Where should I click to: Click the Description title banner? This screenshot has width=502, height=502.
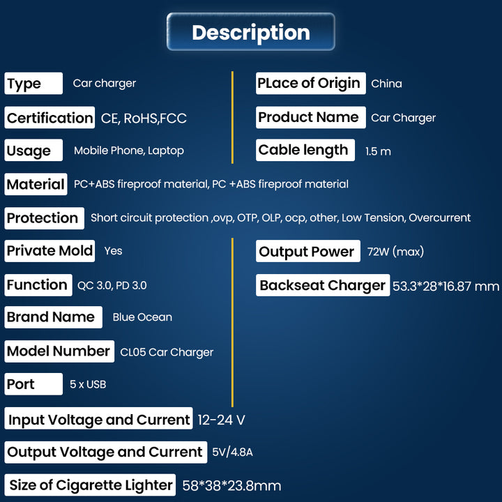click(x=251, y=32)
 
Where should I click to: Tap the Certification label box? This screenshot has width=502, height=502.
click(x=50, y=118)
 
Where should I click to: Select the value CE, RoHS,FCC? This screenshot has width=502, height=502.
click(x=144, y=119)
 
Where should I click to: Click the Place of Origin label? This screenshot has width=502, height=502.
click(x=309, y=83)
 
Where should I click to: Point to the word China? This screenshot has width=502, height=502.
click(x=386, y=84)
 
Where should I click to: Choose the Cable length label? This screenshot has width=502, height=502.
click(x=303, y=150)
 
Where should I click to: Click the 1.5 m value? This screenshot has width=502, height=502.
click(x=378, y=151)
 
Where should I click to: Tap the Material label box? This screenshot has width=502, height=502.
click(x=36, y=185)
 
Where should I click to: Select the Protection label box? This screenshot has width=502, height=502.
click(x=43, y=218)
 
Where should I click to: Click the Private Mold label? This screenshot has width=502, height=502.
click(x=50, y=251)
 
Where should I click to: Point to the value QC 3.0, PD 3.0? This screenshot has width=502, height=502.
click(x=112, y=285)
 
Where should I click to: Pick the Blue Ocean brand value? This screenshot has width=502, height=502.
click(x=142, y=317)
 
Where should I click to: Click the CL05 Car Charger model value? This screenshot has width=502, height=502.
click(x=167, y=352)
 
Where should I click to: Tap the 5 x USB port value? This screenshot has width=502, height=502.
click(x=87, y=384)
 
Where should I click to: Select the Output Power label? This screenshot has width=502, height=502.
click(x=307, y=252)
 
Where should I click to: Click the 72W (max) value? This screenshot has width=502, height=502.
click(x=395, y=252)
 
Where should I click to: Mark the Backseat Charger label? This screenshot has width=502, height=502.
click(x=322, y=285)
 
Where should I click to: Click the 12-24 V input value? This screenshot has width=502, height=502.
click(x=221, y=420)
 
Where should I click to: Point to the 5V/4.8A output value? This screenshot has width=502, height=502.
click(x=232, y=452)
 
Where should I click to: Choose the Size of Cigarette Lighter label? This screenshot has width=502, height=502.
click(x=91, y=485)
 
